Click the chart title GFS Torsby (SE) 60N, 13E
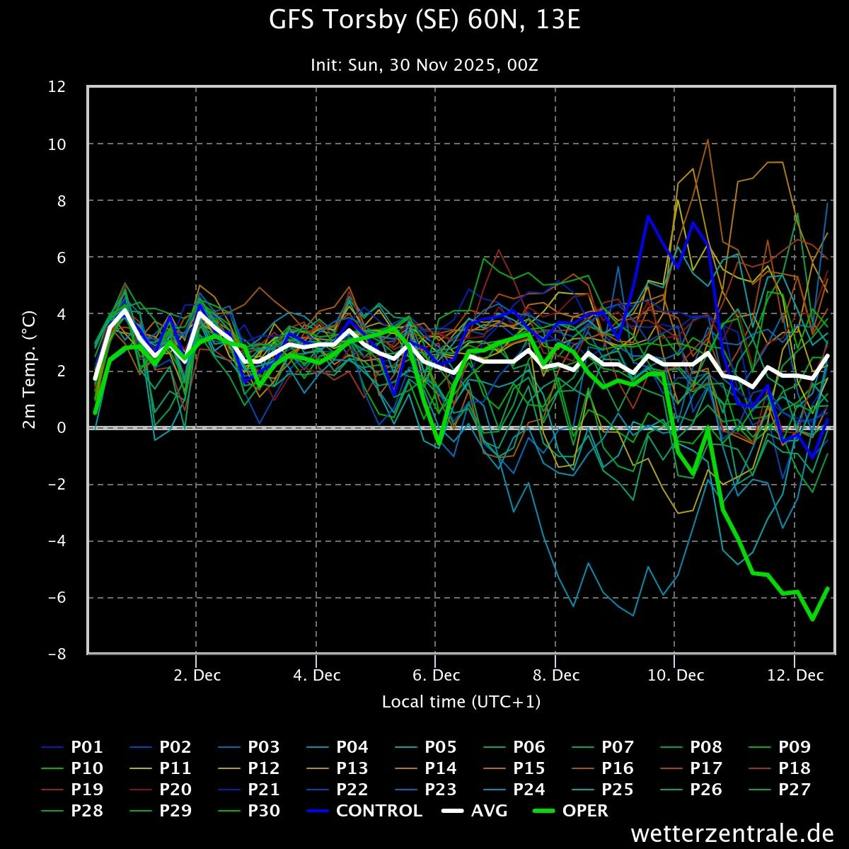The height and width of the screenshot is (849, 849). [x=424, y=21]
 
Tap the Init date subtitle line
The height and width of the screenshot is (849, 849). [x=424, y=65]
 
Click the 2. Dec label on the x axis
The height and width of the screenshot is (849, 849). [x=197, y=676]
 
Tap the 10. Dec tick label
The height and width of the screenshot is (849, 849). [x=675, y=676]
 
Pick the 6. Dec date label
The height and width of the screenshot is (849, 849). [x=436, y=676]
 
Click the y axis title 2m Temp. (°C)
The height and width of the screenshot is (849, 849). [x=30, y=371]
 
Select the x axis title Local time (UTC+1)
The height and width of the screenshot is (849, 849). [x=461, y=702]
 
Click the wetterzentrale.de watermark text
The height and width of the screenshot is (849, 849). [x=732, y=833]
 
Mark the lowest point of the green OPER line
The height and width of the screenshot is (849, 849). [x=813, y=619]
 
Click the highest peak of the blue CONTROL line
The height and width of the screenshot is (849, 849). [x=647, y=216]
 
